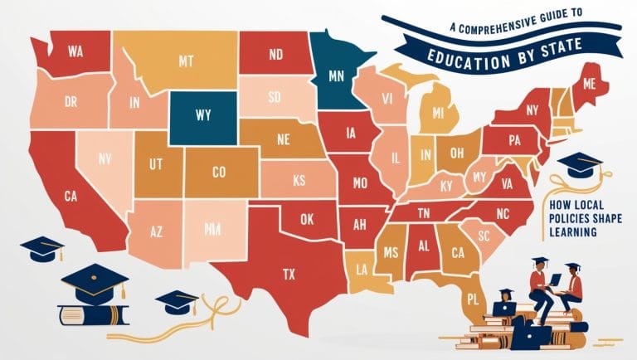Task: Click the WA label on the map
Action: click(x=75, y=52)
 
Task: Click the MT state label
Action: click(x=186, y=60)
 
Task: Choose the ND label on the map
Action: click(x=277, y=56)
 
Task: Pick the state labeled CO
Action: click(x=219, y=173)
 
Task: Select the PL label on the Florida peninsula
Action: click(x=473, y=297)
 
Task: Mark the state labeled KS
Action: click(x=299, y=178)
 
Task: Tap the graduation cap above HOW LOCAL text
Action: click(x=579, y=163)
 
